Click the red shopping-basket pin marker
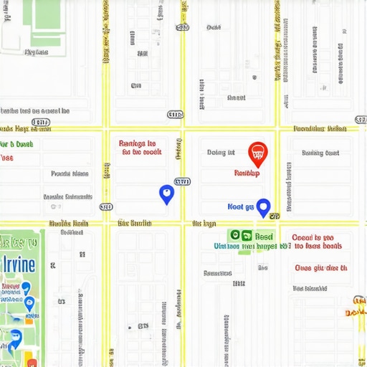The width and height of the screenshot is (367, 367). click(x=257, y=153)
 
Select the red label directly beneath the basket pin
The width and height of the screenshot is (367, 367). click(x=247, y=173)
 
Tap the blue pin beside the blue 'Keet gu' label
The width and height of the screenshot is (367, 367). click(x=263, y=207)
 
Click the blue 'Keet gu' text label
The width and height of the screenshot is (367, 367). click(x=241, y=206)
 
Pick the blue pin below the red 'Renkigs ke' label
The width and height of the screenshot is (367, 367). click(x=166, y=194)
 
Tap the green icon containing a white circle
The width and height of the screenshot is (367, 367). click(x=234, y=235)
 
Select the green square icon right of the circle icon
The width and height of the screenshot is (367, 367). click(x=247, y=235)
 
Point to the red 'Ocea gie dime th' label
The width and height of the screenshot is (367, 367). click(x=320, y=269)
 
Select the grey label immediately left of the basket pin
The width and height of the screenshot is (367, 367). click(x=221, y=152)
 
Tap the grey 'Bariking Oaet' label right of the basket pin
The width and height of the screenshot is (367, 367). click(x=320, y=153)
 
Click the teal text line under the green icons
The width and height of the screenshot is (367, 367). click(x=252, y=246)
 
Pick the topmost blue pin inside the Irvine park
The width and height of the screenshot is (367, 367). click(x=26, y=287)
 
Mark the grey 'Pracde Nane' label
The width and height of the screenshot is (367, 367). click(x=70, y=173)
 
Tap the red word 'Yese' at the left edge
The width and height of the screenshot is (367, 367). click(x=6, y=158)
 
